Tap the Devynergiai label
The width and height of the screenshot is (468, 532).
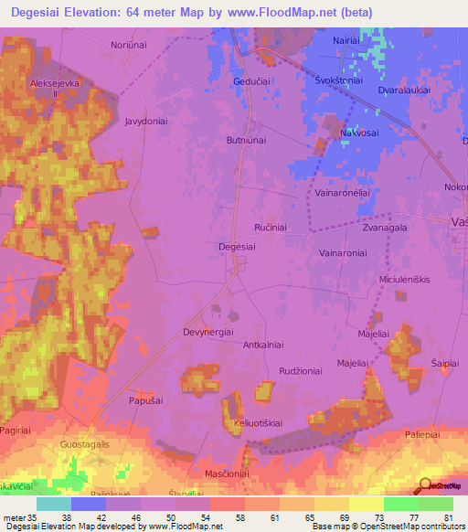tap(209, 332)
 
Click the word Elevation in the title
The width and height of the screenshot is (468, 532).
tap(107, 12)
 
